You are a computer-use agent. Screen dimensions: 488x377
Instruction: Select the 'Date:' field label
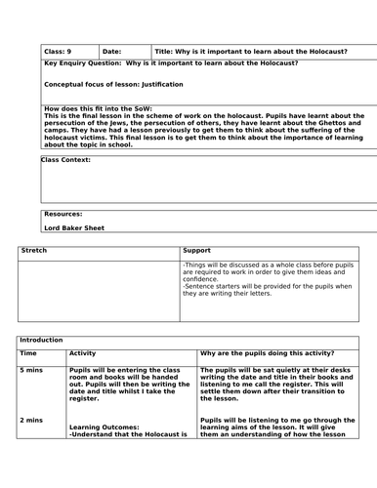click(111, 52)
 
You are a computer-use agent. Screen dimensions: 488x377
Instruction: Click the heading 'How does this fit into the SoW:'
click(97, 106)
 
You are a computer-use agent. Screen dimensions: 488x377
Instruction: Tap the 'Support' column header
click(196, 251)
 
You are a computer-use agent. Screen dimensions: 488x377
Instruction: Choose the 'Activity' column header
click(83, 353)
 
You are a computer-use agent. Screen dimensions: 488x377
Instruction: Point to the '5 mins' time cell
click(32, 372)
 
